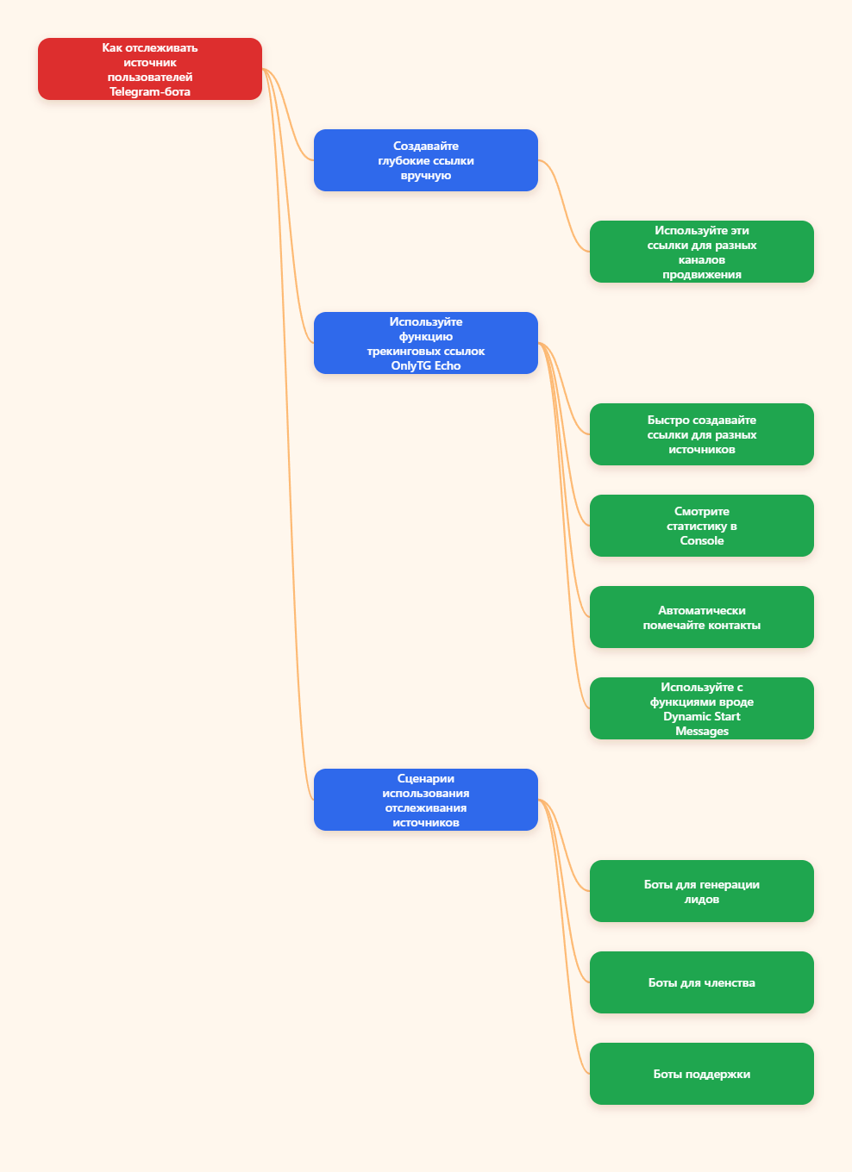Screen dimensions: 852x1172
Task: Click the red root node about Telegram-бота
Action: click(150, 69)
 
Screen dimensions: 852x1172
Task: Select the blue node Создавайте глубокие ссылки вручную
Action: click(426, 160)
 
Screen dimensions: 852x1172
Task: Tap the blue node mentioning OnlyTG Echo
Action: click(426, 343)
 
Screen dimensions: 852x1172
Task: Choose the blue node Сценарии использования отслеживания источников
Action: click(426, 800)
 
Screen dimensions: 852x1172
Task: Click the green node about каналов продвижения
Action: click(702, 252)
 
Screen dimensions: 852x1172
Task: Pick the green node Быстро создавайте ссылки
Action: click(702, 434)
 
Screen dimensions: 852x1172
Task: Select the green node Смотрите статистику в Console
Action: click(702, 526)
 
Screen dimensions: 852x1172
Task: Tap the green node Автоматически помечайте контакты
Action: click(702, 617)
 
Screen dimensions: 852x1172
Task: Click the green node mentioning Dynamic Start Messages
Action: click(702, 708)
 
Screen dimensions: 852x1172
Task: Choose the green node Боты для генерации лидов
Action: click(702, 891)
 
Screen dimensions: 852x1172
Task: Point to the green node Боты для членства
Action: click(702, 982)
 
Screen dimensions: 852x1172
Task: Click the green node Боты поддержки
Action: click(702, 1074)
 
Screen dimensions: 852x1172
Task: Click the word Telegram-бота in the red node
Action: click(150, 91)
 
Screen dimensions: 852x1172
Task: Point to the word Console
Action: click(702, 540)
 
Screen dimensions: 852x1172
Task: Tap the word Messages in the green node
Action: click(702, 731)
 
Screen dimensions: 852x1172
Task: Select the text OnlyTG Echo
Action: click(426, 365)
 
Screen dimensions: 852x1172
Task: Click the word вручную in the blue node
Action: click(426, 176)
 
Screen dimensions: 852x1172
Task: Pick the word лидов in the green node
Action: click(702, 900)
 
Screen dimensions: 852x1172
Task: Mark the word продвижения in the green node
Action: click(702, 275)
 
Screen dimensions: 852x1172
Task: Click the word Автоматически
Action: click(702, 611)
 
